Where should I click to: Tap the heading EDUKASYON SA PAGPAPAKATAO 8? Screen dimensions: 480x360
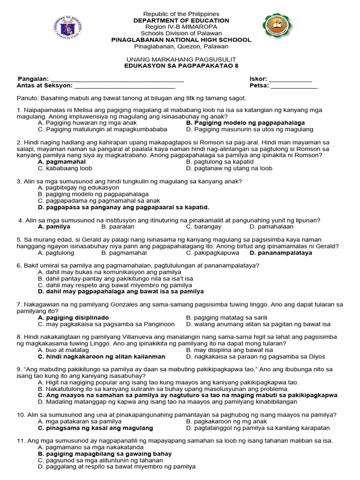coord(181,66)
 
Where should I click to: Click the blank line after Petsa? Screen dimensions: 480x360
coord(294,86)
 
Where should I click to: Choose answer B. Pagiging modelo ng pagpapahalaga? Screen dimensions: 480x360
coord(245,123)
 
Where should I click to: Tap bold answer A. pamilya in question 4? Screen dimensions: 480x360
coord(54,227)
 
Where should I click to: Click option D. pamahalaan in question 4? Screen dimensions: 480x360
coord(271,227)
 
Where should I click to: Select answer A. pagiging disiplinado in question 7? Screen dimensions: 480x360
coord(73,317)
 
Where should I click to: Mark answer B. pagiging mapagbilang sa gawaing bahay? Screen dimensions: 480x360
coord(105,454)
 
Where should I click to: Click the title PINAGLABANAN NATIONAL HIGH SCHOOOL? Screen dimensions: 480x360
coord(181,40)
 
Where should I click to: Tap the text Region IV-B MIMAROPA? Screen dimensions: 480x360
coord(181,27)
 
